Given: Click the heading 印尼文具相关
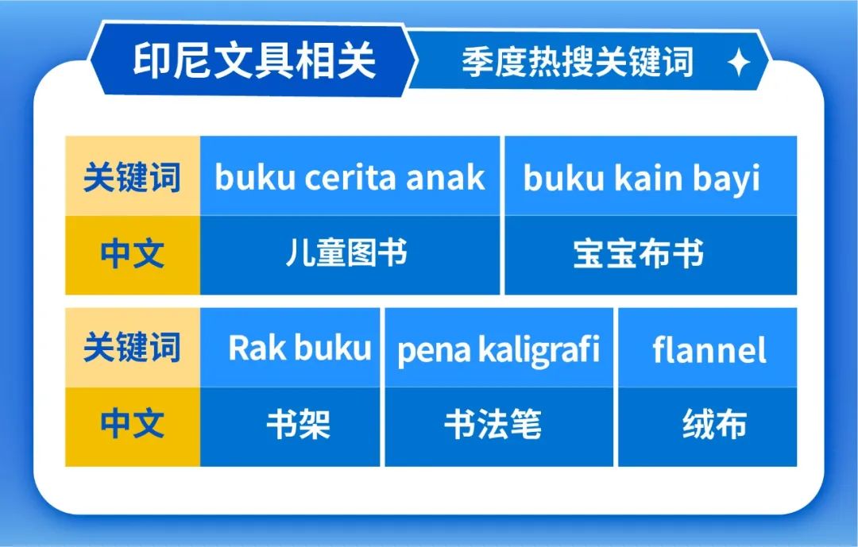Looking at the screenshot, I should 254,61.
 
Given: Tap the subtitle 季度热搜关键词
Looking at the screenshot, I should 578,61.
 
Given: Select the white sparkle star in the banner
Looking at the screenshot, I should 739,62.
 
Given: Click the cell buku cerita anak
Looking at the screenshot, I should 350,177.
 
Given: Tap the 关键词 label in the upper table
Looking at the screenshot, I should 132,177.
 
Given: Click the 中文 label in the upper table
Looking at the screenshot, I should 132,254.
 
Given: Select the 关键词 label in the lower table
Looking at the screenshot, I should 132,349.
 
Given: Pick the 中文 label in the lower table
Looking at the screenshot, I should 132,425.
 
